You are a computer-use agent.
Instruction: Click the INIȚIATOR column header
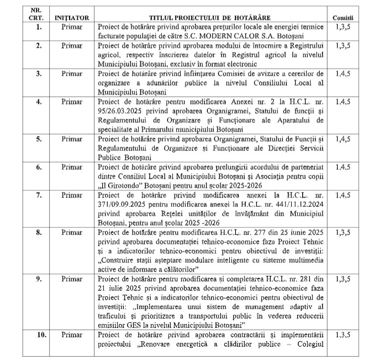click(72, 18)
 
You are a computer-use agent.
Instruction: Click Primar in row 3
click(72, 73)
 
